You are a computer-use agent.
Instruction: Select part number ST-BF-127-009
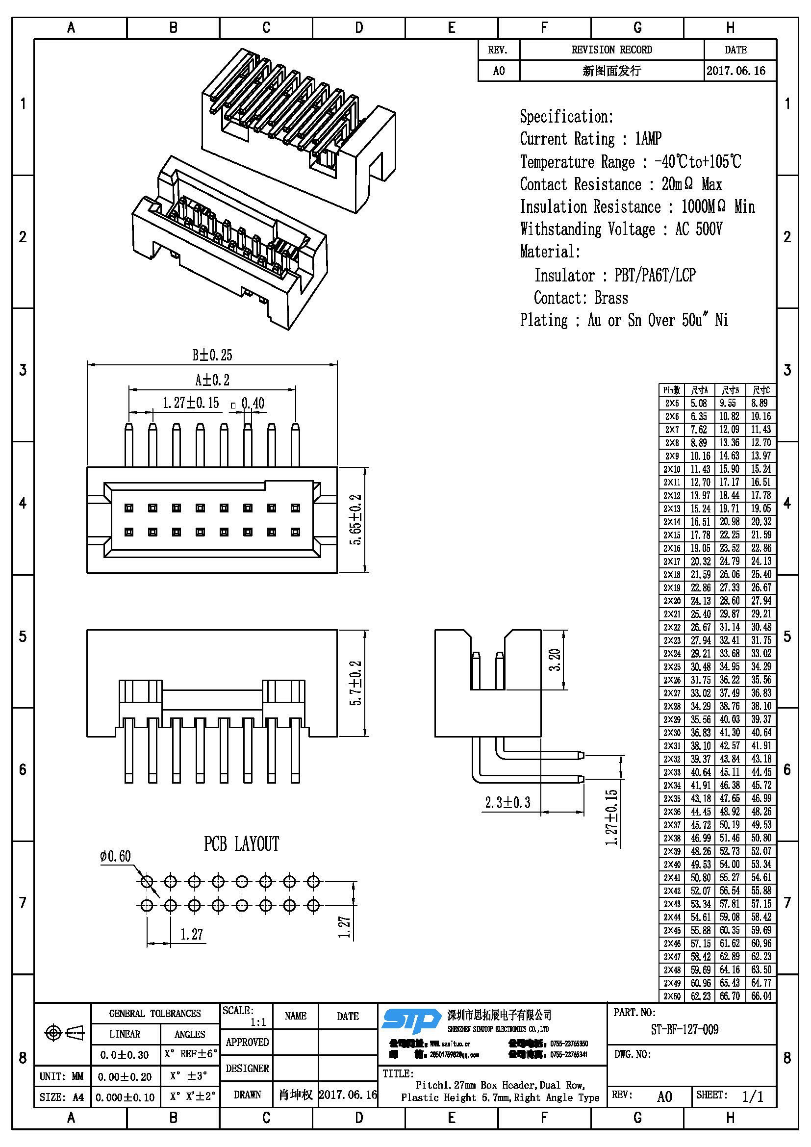point(684,1029)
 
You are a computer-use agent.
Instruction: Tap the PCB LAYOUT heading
point(241,844)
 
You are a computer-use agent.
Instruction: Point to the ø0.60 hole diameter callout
point(115,856)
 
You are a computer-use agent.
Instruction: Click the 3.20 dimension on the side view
point(555,660)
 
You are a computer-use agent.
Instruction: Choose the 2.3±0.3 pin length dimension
point(507,802)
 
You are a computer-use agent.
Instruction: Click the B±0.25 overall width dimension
point(212,355)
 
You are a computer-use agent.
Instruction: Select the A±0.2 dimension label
point(212,380)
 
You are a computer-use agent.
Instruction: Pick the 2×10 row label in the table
point(672,469)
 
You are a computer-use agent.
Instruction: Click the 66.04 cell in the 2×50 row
point(761,995)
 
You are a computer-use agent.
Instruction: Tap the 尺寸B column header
point(730,390)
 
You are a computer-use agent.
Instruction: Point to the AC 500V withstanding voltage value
point(699,229)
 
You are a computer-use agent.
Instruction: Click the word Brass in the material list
point(611,298)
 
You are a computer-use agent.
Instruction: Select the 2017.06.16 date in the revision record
point(735,71)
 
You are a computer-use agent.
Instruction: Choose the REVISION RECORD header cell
point(611,50)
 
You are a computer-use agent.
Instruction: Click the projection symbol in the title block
point(64,1032)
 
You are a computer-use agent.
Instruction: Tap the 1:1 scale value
point(258,1022)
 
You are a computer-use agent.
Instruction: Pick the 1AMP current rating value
point(648,139)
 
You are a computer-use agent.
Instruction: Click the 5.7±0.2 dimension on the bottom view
point(355,684)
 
